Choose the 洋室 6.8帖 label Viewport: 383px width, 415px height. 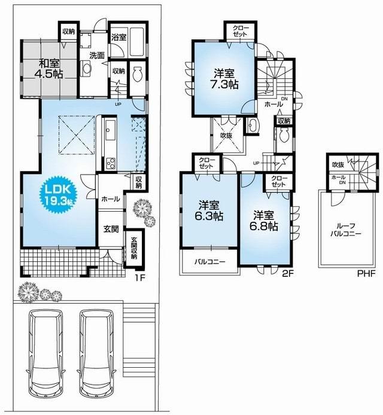264,221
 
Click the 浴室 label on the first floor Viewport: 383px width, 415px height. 118,37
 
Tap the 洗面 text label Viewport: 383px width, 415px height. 97,56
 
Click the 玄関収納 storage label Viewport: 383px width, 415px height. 133,249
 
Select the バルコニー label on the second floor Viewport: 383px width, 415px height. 209,262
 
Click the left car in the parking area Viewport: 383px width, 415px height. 47,355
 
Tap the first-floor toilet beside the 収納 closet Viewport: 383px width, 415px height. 137,75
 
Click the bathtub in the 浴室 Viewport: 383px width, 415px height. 136,40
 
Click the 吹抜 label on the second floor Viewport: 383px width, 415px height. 227,135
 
